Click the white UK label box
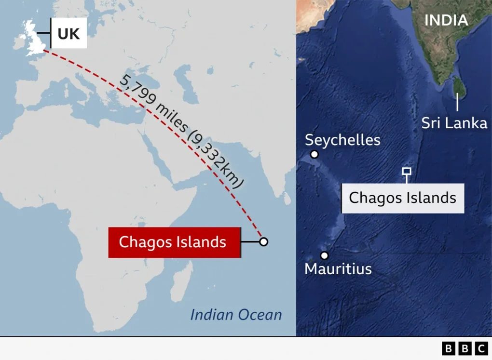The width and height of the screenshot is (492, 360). tap(68, 34)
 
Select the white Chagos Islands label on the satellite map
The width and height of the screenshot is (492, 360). tap(403, 198)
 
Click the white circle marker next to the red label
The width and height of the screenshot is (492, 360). tap(263, 241)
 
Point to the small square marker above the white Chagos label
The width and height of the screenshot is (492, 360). tap(407, 171)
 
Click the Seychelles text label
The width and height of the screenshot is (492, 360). tap(342, 140)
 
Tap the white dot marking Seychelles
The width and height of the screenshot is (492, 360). tap(314, 155)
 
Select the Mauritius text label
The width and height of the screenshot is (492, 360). tap(338, 268)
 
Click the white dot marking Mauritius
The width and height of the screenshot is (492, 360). tap(324, 255)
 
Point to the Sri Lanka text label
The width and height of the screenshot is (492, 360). tap(454, 123)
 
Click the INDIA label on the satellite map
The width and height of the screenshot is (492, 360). tap(446, 20)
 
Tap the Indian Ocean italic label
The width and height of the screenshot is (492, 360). tap(236, 315)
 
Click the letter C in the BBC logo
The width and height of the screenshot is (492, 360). tap(481, 348)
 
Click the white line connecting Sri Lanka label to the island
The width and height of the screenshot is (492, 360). tap(457, 103)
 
